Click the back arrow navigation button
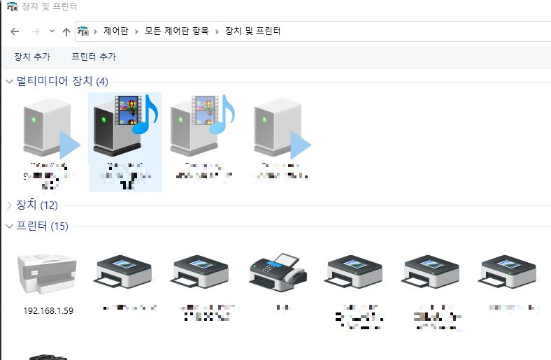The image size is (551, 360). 15,31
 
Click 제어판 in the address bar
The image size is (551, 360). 115,31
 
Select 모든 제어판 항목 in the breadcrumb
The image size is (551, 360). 178,31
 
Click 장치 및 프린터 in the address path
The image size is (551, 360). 252,31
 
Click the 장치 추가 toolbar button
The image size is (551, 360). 32,57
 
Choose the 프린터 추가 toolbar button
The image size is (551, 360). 94,57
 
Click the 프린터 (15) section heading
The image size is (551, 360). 42,226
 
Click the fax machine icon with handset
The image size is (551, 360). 277,271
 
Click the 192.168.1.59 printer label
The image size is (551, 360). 48,311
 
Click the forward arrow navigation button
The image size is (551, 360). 35,31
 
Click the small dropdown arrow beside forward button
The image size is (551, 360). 52,31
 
